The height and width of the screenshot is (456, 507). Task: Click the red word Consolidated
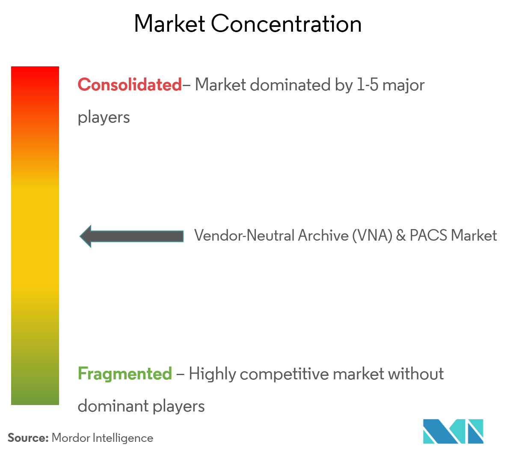point(130,85)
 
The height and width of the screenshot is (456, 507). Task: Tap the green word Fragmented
point(125,374)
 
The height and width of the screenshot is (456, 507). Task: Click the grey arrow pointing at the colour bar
point(132,236)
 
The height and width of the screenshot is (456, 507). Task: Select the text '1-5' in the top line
point(368,85)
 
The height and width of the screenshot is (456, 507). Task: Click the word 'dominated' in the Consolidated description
point(290,85)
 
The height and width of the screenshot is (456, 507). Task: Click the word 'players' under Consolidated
point(104,117)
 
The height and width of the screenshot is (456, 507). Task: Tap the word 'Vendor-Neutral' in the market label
point(244,235)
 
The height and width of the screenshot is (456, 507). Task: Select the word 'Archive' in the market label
point(323,235)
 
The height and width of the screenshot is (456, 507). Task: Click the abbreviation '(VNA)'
point(372,235)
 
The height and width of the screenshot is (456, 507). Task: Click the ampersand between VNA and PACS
point(401,235)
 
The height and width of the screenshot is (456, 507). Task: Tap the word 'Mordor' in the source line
point(71,438)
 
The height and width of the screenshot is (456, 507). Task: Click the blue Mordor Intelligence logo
point(453,431)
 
